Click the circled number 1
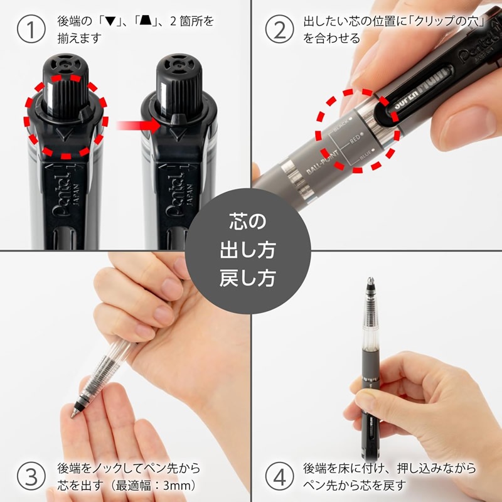pyautogui.click(x=29, y=29)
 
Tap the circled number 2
pyautogui.click(x=280, y=29)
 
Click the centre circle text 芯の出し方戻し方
pyautogui.click(x=251, y=249)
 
